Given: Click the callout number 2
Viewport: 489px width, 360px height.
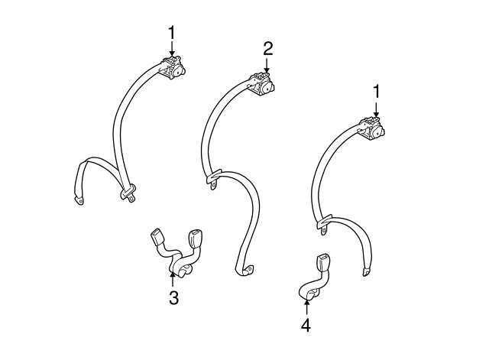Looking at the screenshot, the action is coord(268,49).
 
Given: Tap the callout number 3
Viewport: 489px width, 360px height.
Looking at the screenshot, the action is coord(173,297).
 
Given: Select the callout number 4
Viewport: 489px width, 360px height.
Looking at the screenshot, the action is coord(306,326).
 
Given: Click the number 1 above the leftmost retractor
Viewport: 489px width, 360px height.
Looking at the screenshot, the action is coord(172,33).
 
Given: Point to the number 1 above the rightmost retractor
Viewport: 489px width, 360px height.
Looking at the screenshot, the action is coord(377,92).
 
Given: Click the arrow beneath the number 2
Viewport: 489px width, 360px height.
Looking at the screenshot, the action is coord(267,65).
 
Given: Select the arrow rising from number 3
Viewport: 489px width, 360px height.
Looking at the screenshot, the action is coord(172,280).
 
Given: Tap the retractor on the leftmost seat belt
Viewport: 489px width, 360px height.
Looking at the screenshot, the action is coord(173,68).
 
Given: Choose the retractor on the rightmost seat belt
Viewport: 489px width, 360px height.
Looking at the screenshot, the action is coord(372,128).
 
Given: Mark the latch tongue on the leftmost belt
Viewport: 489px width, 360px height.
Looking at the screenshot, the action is coord(128,193).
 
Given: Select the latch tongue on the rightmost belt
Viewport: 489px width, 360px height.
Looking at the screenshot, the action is coord(324,223).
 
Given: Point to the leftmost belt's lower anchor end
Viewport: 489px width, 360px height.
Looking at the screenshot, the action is coord(78,200).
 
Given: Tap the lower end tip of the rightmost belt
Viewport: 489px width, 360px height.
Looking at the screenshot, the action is coord(366,271).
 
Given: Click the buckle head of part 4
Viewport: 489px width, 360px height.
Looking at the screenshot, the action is coord(322,264).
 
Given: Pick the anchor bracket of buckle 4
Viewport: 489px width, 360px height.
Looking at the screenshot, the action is coord(312,294).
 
